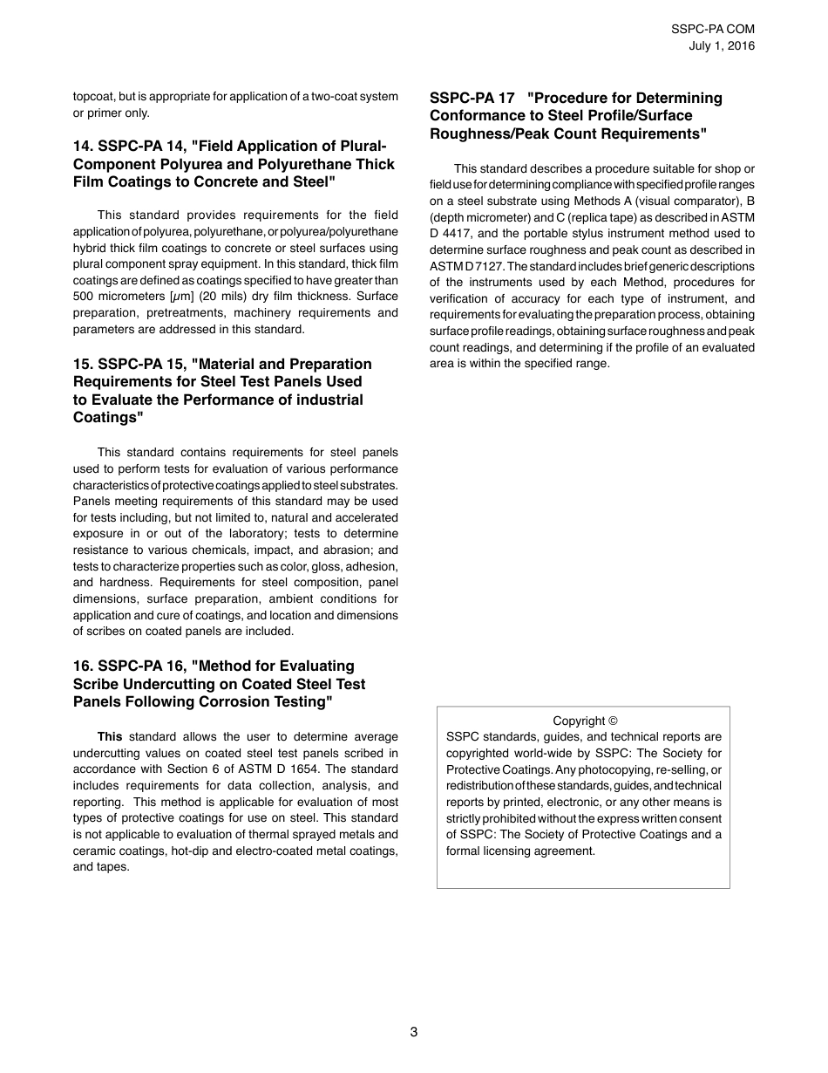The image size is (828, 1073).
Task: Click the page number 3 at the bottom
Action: pyautogui.click(x=414, y=1032)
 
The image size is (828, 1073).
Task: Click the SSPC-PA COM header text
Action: pyautogui.click(x=713, y=29)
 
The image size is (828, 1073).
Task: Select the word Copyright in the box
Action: pyautogui.click(x=579, y=721)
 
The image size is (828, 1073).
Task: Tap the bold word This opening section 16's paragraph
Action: pyautogui.click(x=110, y=737)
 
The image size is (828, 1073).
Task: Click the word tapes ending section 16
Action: pyautogui.click(x=112, y=867)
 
